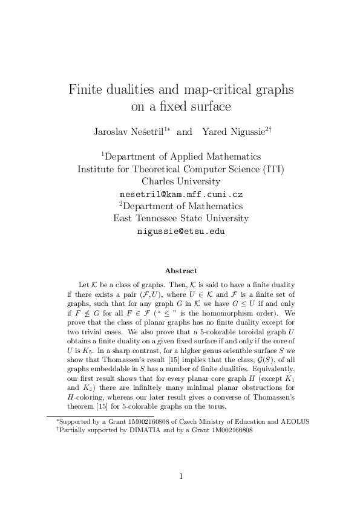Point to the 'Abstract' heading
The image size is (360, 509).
point(181,271)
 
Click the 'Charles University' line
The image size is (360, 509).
point(181,181)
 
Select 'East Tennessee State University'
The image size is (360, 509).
point(181,218)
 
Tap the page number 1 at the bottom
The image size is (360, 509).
point(181,477)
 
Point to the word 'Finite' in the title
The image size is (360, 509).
point(87,90)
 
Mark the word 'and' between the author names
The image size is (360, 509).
point(184,131)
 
